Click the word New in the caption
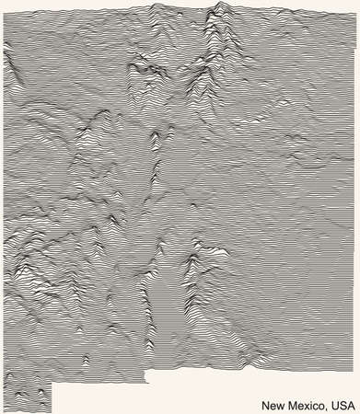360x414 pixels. pyautogui.click(x=273, y=405)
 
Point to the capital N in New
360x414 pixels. pyautogui.click(x=265, y=405)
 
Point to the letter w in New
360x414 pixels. pyautogui.click(x=280, y=405)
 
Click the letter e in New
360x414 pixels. pyautogui.click(x=273, y=405)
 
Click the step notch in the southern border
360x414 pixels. pyautogui.click(x=52, y=383)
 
